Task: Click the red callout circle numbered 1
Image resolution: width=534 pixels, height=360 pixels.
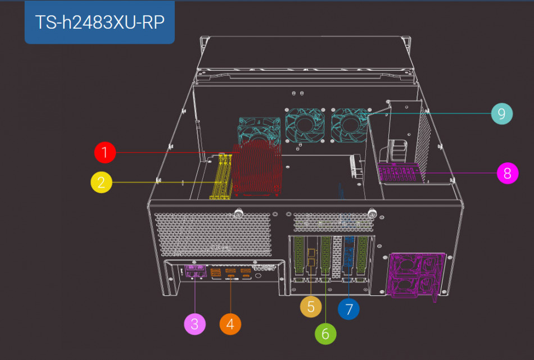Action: pyautogui.click(x=105, y=152)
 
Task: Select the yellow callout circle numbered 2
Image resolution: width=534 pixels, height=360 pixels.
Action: pyautogui.click(x=101, y=182)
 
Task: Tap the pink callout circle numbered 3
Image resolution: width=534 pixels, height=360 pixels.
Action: pyautogui.click(x=194, y=324)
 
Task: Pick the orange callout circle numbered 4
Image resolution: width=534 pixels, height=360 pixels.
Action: pyautogui.click(x=230, y=324)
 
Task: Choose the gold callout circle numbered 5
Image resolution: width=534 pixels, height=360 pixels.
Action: pyautogui.click(x=310, y=306)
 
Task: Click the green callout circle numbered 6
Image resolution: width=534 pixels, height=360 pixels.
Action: pyautogui.click(x=325, y=334)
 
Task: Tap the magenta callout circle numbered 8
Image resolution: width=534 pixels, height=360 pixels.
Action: pyautogui.click(x=508, y=173)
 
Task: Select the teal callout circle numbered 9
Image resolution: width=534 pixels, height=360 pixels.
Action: pyautogui.click(x=501, y=114)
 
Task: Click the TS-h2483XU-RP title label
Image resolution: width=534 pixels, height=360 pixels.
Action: pyautogui.click(x=99, y=22)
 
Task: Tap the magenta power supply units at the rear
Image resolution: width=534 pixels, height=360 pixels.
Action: pyautogui.click(x=415, y=276)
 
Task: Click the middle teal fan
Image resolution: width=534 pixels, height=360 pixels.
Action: pyautogui.click(x=304, y=124)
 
